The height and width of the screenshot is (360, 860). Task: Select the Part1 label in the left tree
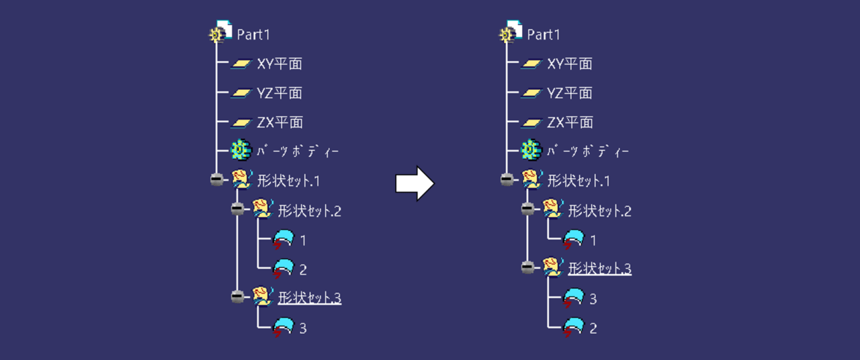[x=253, y=34]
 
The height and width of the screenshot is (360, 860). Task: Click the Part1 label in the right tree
[x=543, y=34]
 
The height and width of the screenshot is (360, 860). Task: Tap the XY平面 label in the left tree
[x=279, y=64]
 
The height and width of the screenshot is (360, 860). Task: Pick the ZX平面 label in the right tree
[x=570, y=122]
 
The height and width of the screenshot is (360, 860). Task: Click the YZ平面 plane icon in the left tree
[x=241, y=93]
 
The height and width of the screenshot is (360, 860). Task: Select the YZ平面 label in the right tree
[x=570, y=93]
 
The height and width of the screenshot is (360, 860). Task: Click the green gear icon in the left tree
[x=241, y=151]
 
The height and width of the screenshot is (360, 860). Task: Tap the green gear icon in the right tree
[x=531, y=151]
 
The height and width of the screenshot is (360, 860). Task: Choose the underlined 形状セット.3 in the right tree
[x=599, y=269]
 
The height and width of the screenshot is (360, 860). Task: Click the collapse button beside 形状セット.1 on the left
[x=216, y=180]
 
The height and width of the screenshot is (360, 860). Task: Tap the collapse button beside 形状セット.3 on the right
[x=527, y=268]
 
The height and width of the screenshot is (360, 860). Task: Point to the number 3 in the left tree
[x=303, y=328]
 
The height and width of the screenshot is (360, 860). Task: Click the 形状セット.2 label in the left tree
[x=309, y=211]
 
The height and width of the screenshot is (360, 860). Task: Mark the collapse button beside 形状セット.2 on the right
[x=527, y=210]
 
